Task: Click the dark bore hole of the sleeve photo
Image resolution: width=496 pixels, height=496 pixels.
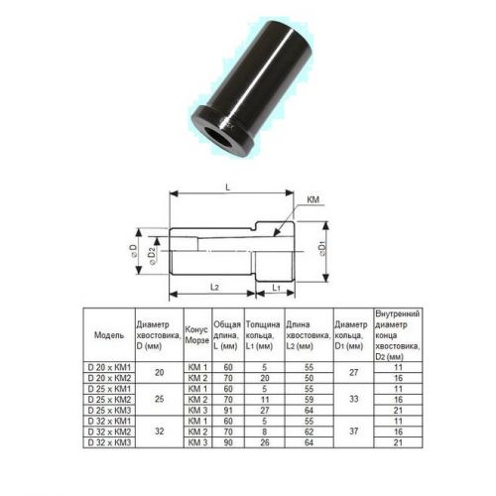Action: pyautogui.click(x=219, y=136)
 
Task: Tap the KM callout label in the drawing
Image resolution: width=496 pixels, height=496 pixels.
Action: pyautogui.click(x=313, y=199)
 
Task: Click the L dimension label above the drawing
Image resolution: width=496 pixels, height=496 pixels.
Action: pyautogui.click(x=228, y=187)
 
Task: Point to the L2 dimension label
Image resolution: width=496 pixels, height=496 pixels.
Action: pyautogui.click(x=214, y=287)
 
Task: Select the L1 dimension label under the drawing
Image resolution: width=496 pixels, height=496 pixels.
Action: pyautogui.click(x=276, y=288)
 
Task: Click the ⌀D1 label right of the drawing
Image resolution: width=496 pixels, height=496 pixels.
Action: pyautogui.click(x=322, y=249)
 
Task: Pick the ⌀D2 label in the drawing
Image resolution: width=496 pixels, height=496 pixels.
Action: pyautogui.click(x=152, y=256)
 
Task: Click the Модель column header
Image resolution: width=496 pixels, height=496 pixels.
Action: pyautogui.click(x=109, y=335)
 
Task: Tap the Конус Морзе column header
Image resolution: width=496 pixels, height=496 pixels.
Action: pyautogui.click(x=197, y=334)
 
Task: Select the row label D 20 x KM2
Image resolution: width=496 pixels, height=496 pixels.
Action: pyautogui.click(x=109, y=378)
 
